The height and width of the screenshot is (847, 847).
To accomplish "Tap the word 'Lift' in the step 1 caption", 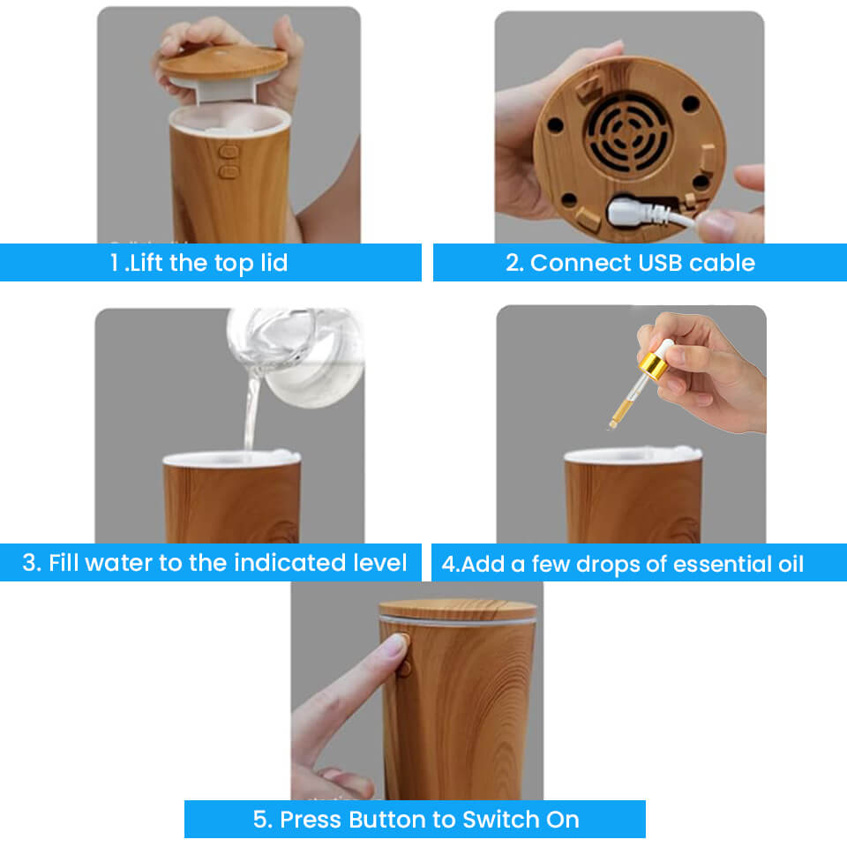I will click(x=146, y=263).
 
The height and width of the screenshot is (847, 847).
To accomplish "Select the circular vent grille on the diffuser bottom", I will click(x=630, y=133).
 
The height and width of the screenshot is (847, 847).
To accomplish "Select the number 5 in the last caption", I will click(x=261, y=819).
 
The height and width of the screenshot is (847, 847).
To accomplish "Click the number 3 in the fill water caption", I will click(x=30, y=563).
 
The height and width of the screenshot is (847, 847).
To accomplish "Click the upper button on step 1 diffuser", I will click(x=229, y=152).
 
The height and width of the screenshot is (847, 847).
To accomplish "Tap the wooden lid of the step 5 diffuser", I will click(x=458, y=609).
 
